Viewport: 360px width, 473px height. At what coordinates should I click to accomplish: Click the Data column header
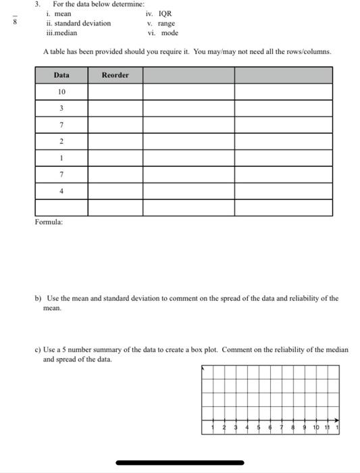coord(61,75)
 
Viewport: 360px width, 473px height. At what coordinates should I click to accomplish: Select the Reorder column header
coord(115,75)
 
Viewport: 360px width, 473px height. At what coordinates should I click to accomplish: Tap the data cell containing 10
coord(61,92)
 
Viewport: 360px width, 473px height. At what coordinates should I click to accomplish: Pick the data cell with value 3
coord(61,108)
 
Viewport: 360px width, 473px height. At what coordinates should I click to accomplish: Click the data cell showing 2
coord(61,141)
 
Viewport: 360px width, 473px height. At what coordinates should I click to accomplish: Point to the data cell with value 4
coord(61,191)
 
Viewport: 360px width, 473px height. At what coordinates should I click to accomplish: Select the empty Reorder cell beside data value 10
coord(115,92)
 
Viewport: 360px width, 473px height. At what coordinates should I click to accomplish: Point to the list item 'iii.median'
coord(61,32)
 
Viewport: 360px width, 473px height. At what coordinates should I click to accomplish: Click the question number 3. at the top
coord(38,4)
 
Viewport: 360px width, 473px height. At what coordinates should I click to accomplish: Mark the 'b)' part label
coord(38,298)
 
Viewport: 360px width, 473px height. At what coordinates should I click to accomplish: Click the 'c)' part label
coord(38,350)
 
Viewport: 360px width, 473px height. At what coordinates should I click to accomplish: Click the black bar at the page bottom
coord(180,463)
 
